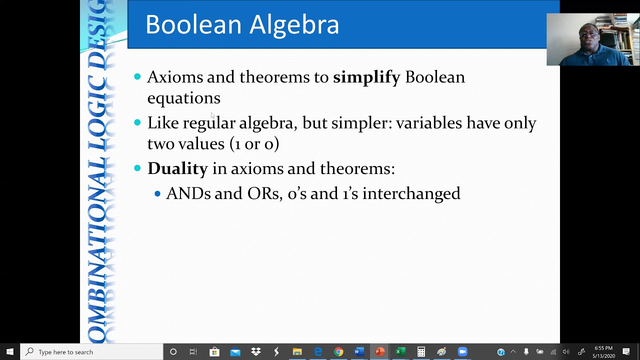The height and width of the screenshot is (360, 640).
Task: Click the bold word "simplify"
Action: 366,77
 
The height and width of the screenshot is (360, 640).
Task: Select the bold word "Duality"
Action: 177,169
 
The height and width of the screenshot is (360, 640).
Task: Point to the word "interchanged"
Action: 411,194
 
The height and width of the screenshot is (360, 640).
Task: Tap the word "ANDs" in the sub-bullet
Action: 188,194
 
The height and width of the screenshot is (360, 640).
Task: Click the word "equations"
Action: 183,98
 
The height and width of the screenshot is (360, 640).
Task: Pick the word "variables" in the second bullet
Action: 428,123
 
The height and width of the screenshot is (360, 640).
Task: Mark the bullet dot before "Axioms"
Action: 137,76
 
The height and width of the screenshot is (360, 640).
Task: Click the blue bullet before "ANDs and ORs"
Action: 157,193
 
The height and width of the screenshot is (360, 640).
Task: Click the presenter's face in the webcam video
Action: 589,37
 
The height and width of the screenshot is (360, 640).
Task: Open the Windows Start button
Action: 9,352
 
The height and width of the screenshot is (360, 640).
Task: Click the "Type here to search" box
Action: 92,352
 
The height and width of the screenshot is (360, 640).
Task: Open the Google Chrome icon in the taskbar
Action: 338,352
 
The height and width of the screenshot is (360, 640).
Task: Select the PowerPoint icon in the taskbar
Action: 379,352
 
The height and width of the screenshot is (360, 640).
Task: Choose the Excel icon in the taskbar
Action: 400,352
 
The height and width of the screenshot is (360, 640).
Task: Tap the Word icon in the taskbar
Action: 359,352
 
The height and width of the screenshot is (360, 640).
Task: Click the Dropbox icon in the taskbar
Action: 256,352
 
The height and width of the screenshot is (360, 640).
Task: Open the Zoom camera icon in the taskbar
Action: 462,352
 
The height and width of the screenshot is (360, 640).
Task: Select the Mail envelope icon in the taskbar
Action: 235,352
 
